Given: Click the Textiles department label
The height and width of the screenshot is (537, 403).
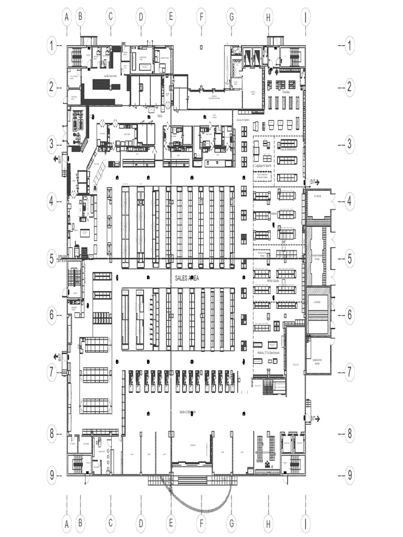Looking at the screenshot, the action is point(285,91).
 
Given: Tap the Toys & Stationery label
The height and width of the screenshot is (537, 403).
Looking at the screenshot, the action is point(288,149).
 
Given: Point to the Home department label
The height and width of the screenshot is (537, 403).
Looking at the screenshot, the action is point(274,214).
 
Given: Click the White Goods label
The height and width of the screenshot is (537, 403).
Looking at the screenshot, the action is point(272,281).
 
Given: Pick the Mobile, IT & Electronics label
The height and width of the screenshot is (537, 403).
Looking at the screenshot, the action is point(269,353).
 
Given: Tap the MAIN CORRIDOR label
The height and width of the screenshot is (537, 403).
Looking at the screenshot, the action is point(187,412).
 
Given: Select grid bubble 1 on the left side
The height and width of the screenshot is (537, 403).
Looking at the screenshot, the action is point(51,46).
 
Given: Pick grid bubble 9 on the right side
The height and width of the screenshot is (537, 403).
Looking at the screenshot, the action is point(349,475).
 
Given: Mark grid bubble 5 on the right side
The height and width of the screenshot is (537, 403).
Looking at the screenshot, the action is point(349,259).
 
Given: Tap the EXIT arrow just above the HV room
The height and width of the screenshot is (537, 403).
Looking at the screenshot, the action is point(314,182).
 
